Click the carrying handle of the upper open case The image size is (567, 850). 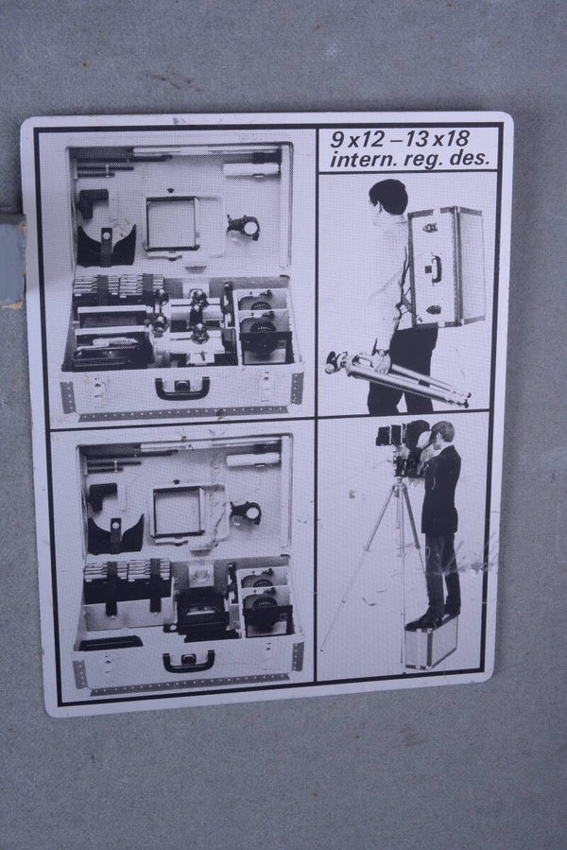coord(182,389)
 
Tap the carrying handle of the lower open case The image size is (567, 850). coord(189,661)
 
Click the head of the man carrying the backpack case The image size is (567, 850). coord(388,197)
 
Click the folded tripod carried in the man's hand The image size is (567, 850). coord(397,378)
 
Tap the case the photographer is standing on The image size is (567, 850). coord(432,643)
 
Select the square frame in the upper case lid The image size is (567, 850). coord(173,223)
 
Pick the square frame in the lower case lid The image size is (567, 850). coord(179,512)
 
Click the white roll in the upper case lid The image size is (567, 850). coord(251,169)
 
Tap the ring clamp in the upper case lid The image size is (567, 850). coord(244,227)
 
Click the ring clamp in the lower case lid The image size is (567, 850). coord(246,512)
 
